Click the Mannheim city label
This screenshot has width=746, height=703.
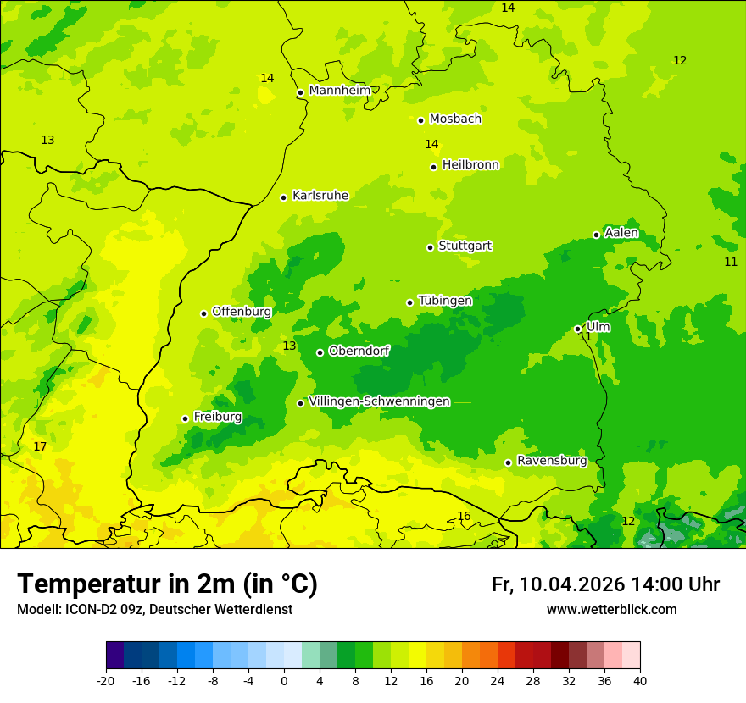(x=339, y=91)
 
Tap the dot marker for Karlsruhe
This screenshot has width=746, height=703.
(x=283, y=197)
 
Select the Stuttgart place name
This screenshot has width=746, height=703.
(x=465, y=246)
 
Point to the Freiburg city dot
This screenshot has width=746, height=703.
(x=185, y=418)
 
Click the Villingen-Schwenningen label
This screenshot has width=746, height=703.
(x=379, y=401)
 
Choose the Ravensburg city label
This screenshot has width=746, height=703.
(x=551, y=461)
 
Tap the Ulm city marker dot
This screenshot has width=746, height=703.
(x=577, y=329)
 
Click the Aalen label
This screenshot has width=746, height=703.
(x=621, y=233)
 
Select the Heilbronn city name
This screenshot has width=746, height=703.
(x=470, y=165)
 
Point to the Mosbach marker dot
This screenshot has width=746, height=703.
(x=420, y=120)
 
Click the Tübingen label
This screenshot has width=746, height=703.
(x=445, y=301)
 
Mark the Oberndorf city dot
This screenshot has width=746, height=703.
(x=320, y=352)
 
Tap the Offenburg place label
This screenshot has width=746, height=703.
(x=242, y=312)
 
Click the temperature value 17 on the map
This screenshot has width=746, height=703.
(x=40, y=446)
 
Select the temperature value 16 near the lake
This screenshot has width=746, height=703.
(x=464, y=516)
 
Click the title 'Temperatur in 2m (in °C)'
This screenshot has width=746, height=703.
(x=167, y=584)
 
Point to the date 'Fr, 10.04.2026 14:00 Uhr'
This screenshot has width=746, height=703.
(x=605, y=584)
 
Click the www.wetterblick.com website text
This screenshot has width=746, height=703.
(x=611, y=610)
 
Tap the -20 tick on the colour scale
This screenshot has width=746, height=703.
(x=106, y=680)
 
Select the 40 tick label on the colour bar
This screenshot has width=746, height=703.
(x=639, y=680)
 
